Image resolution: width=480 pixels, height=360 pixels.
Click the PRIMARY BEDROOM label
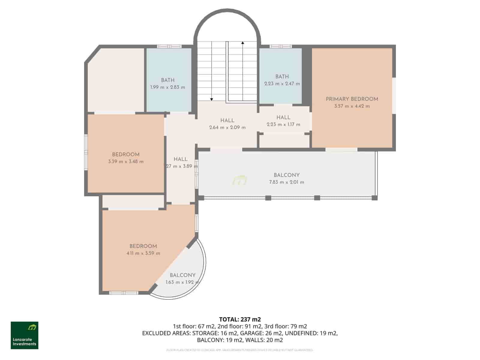coord(352,99)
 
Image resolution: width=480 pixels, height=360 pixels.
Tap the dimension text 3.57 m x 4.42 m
coord(352,106)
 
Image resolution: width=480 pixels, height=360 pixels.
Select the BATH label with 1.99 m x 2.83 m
coord(168,80)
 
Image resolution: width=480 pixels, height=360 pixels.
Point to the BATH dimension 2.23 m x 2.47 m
coord(282,84)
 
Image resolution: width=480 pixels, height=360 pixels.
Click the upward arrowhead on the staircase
coord(243,43)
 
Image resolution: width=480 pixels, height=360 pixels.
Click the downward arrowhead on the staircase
coord(211,99)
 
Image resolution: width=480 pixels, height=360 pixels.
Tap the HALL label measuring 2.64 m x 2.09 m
coord(227,121)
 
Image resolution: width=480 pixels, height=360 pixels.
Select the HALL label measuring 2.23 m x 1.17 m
coord(283,117)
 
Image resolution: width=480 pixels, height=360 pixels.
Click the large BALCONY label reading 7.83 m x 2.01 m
coord(286,175)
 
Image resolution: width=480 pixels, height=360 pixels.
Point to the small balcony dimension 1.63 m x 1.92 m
coord(182,282)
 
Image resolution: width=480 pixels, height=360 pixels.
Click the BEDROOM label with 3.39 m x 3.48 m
coord(126,154)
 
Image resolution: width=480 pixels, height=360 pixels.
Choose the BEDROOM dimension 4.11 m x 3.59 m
coord(143,253)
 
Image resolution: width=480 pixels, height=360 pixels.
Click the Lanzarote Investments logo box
coord(25,335)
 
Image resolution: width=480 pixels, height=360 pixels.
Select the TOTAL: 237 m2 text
coord(240,319)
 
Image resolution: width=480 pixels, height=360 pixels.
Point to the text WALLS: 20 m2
coord(264,340)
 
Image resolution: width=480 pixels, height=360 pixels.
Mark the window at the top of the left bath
coord(169,46)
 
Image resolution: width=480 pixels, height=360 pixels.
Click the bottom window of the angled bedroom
coord(124,293)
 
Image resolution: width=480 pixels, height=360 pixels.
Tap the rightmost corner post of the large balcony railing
coord(374,198)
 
